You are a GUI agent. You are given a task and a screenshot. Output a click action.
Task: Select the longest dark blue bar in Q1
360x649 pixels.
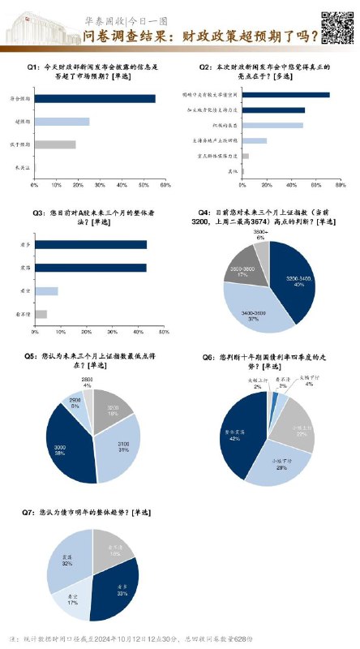pos(95,98)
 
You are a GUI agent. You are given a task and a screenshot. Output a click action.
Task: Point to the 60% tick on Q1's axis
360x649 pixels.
pos(165,186)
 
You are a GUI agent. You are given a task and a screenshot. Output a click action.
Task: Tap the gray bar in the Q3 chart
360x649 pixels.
pos(41,313)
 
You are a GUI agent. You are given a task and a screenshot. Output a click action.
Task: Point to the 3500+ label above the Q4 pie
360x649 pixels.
pos(259,234)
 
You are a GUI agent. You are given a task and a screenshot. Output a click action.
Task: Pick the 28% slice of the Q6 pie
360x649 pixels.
pos(282,466)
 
